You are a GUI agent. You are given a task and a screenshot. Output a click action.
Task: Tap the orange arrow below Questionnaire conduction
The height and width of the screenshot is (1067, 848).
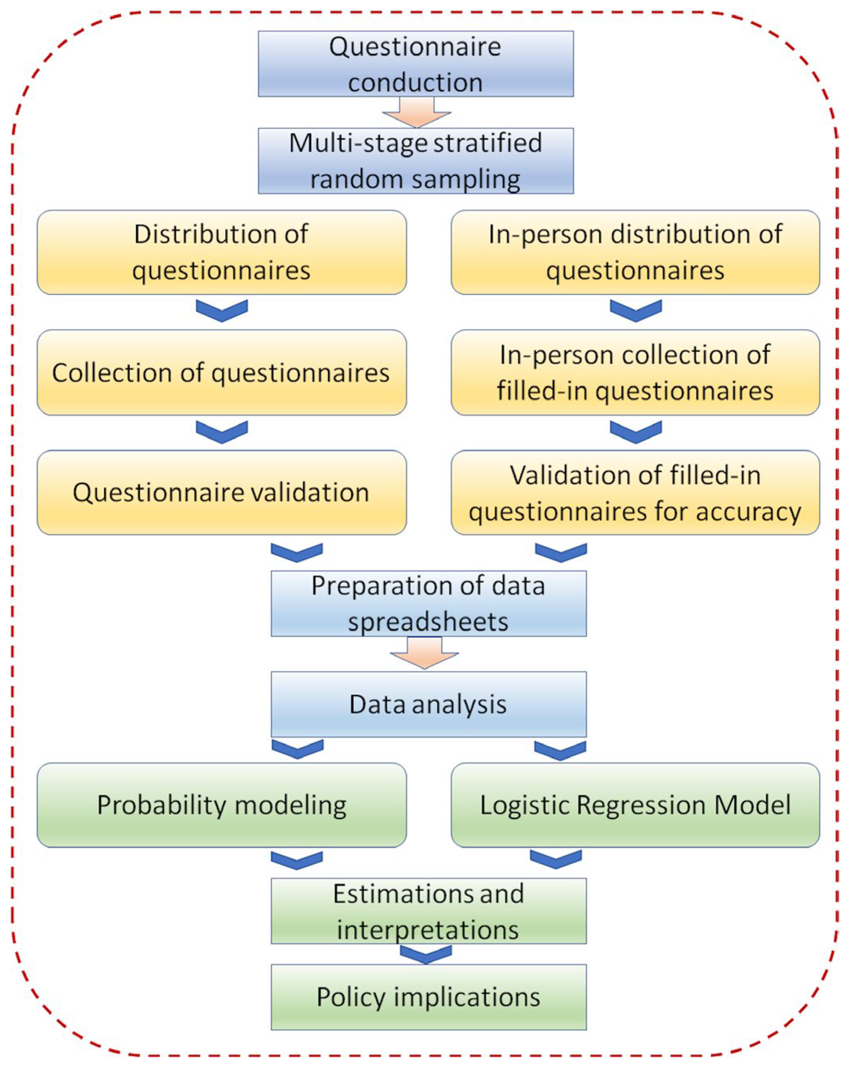pos(416,113)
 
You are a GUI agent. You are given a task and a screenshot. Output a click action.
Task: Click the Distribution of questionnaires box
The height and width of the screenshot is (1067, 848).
pos(221,252)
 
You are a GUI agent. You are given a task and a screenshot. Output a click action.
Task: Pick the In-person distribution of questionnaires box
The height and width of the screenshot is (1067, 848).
pos(635,252)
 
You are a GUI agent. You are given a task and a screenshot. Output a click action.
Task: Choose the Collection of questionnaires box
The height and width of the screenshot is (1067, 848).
pos(221,372)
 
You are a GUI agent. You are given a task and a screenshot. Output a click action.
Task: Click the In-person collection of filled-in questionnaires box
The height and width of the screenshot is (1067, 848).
pos(635,372)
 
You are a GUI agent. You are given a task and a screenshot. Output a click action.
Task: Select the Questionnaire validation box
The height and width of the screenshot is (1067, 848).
pos(221,493)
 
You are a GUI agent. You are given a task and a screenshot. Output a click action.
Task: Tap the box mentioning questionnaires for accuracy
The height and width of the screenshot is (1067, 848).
pos(635,493)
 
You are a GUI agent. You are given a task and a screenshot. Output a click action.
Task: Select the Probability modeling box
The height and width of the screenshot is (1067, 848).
pos(221,805)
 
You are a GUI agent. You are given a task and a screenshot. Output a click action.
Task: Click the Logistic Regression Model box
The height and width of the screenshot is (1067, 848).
pos(635,805)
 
